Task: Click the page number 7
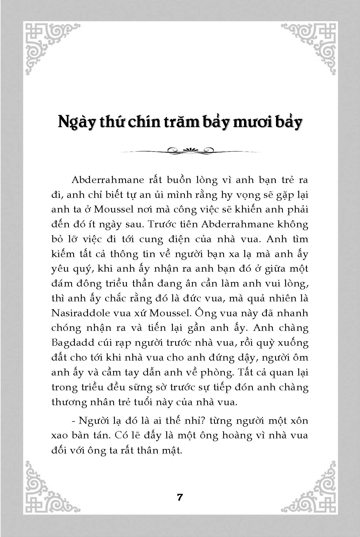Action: pyautogui.click(x=180, y=497)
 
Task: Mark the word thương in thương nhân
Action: pyautogui.click(x=69, y=402)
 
